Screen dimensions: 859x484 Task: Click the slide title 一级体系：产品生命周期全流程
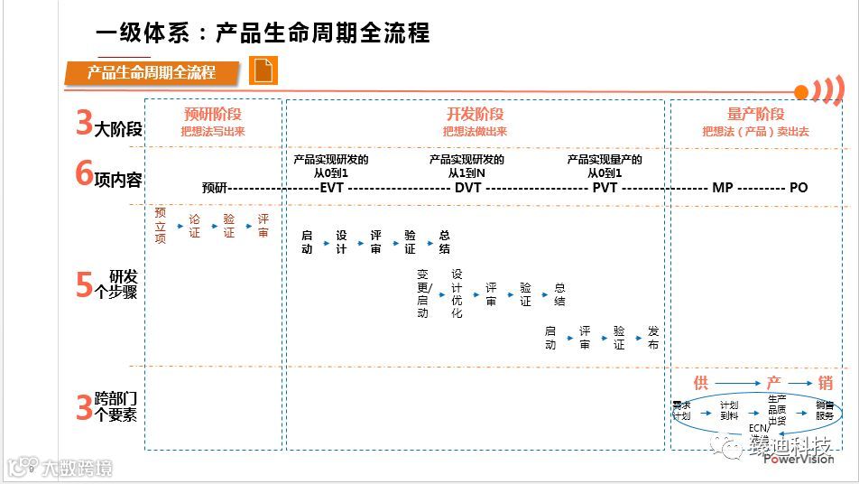point(262,33)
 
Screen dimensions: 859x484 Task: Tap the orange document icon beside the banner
point(264,70)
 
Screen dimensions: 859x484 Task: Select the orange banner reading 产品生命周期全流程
point(152,72)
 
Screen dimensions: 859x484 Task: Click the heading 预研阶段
point(213,115)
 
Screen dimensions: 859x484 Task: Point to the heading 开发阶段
point(475,115)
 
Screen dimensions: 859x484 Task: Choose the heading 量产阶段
point(756,115)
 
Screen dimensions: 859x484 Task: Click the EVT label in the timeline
point(333,188)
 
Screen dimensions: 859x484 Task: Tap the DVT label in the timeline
point(467,188)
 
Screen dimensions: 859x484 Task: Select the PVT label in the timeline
point(604,188)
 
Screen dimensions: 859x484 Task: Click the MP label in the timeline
point(723,188)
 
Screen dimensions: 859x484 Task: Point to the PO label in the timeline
point(799,188)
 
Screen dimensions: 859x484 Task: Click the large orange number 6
point(84,174)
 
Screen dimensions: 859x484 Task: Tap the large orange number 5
point(84,284)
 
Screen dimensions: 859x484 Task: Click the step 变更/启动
point(423,293)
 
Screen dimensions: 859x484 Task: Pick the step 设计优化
point(457,293)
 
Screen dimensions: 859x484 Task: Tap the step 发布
point(653,339)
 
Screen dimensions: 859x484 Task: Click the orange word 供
point(701,383)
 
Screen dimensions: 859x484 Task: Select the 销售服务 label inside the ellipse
point(824,411)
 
